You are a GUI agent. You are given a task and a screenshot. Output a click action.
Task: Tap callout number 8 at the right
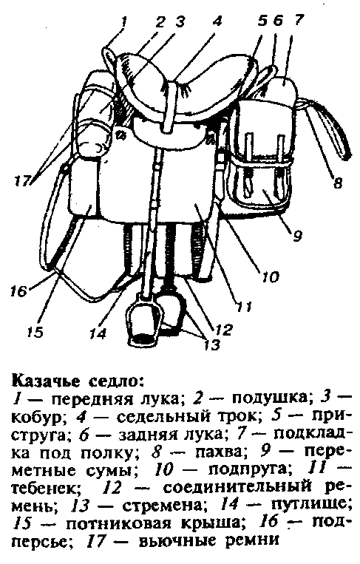point(337,183)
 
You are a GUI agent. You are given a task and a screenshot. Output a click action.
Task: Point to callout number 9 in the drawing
point(297,236)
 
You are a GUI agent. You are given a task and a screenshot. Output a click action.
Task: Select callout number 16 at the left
point(19,291)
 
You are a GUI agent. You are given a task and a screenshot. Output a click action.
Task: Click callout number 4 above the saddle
point(216,21)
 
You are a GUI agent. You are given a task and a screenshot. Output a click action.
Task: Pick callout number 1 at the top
point(123,21)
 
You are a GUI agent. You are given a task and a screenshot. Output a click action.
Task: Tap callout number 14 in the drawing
point(98,333)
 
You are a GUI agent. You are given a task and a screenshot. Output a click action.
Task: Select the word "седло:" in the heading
point(116,380)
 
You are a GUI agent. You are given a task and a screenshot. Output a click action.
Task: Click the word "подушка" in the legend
point(270,398)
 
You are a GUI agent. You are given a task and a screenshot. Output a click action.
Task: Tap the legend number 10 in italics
point(163,470)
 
